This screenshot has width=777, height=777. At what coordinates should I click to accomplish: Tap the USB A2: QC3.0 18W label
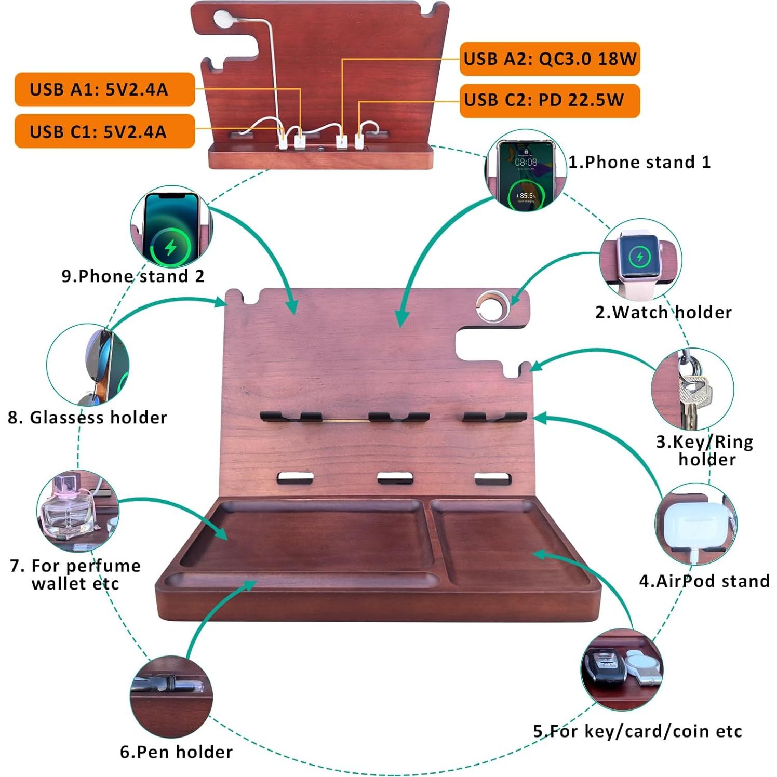[550, 59]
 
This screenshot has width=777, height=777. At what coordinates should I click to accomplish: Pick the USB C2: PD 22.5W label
[550, 100]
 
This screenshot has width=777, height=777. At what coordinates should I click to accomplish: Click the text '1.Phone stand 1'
[639, 162]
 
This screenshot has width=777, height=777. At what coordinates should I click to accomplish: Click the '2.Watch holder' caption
[663, 312]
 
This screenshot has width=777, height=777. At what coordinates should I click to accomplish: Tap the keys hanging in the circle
[693, 395]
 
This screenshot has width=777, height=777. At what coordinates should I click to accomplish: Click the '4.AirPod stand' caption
[704, 581]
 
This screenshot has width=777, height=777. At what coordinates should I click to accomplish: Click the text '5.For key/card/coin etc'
[637, 731]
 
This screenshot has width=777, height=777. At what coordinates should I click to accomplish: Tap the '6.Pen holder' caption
[177, 752]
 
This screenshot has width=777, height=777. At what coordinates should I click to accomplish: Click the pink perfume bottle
[70, 509]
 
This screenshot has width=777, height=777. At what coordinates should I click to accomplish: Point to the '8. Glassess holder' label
[87, 418]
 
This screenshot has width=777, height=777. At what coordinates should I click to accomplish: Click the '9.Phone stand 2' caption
[133, 276]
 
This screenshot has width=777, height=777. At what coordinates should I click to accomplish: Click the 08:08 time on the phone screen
[526, 163]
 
